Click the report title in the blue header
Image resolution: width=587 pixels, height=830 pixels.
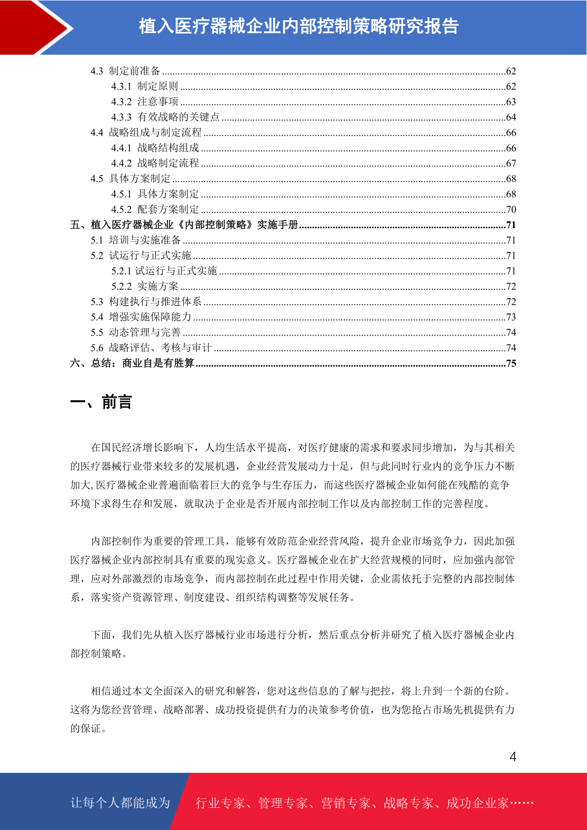click(x=298, y=26)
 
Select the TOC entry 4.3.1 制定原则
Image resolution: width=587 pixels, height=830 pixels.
click(x=144, y=86)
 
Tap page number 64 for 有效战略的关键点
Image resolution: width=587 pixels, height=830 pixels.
click(x=511, y=117)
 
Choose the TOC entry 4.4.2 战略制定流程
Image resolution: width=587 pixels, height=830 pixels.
click(x=155, y=163)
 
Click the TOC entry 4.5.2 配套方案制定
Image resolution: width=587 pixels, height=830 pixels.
click(x=155, y=209)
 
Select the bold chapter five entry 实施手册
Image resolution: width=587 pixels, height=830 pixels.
click(x=184, y=225)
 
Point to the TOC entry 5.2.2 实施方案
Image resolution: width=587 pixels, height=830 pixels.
click(x=145, y=286)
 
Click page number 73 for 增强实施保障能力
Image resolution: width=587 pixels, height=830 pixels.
click(x=511, y=317)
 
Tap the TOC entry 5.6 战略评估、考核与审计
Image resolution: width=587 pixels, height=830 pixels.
click(x=151, y=348)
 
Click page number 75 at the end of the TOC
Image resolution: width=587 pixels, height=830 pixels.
click(x=511, y=363)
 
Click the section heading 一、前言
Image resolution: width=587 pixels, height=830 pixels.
click(x=101, y=402)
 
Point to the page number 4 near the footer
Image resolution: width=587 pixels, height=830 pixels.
click(x=513, y=757)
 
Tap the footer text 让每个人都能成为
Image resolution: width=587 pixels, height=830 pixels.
click(x=120, y=803)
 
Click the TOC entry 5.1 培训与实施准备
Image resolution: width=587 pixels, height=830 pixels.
click(x=136, y=240)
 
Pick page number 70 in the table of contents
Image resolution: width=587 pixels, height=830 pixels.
click(x=511, y=209)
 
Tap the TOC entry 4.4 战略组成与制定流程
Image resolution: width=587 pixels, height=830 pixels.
click(x=146, y=133)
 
